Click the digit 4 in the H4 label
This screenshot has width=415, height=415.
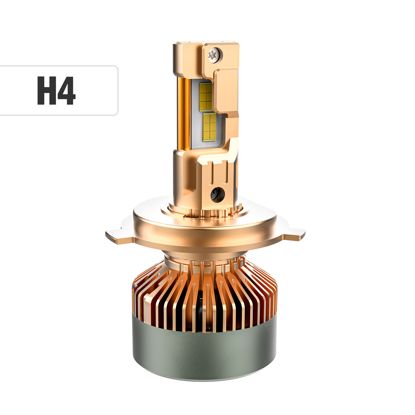[66, 90]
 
